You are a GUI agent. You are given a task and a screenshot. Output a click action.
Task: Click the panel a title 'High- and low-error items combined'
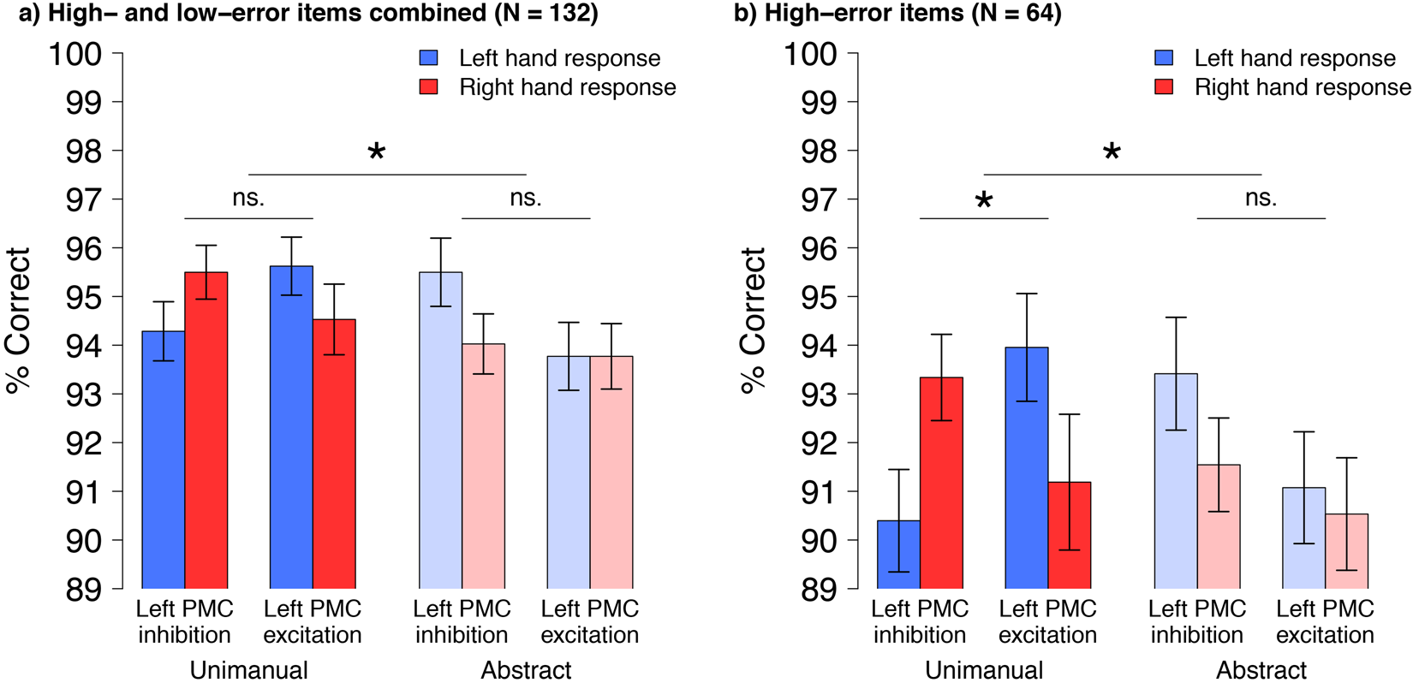click(x=300, y=13)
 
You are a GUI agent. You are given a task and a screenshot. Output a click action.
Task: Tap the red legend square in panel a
click(x=428, y=86)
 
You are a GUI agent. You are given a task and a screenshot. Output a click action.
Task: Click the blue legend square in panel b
click(x=1164, y=57)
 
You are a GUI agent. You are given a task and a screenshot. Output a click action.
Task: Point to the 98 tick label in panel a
click(x=83, y=151)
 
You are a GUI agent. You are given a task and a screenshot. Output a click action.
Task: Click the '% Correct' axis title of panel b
click(x=754, y=320)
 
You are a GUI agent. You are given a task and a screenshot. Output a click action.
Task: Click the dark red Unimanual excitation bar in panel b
click(x=1069, y=535)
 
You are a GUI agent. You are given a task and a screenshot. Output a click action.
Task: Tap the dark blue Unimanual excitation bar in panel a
click(x=291, y=428)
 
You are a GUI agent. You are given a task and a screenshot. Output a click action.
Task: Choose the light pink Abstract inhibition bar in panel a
click(x=483, y=466)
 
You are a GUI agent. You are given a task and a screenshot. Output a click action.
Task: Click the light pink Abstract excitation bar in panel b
click(x=1346, y=551)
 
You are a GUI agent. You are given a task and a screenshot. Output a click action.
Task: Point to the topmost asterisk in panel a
click(x=376, y=153)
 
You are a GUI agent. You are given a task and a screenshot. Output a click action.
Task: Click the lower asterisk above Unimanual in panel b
click(x=984, y=202)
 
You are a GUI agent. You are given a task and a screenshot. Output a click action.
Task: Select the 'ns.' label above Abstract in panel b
click(x=1261, y=198)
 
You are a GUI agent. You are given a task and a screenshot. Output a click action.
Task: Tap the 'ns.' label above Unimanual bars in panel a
click(x=248, y=198)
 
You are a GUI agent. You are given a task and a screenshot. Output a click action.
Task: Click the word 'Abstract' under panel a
click(x=526, y=669)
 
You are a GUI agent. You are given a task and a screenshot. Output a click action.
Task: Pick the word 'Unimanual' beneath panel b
click(x=984, y=669)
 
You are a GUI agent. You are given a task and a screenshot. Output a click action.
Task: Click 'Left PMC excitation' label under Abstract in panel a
click(x=590, y=621)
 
